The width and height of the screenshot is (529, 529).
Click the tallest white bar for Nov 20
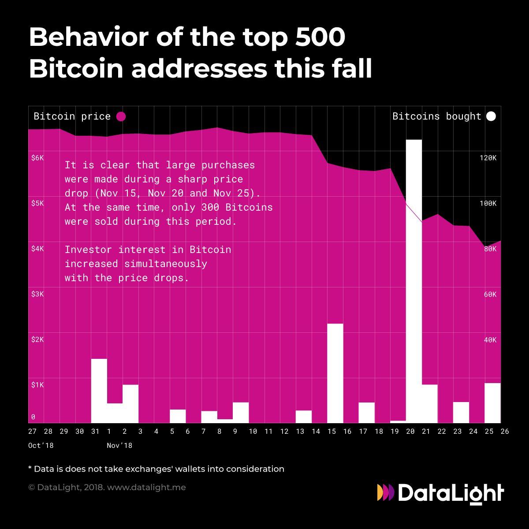click(x=414, y=282)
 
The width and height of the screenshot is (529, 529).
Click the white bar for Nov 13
click(x=303, y=416)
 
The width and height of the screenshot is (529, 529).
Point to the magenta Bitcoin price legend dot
click(x=121, y=116)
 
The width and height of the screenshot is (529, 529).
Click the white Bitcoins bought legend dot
click(x=491, y=116)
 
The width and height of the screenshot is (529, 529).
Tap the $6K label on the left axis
click(x=37, y=158)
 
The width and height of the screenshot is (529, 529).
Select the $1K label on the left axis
click(x=37, y=385)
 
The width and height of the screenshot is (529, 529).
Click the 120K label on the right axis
click(x=488, y=158)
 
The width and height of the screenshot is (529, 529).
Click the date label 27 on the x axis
click(x=33, y=432)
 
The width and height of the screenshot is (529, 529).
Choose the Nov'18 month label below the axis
click(x=119, y=446)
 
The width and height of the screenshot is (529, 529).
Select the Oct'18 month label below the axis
click(x=41, y=446)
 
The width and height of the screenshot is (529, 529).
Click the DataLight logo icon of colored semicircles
click(x=386, y=492)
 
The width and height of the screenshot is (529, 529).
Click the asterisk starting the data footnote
click(x=30, y=468)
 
